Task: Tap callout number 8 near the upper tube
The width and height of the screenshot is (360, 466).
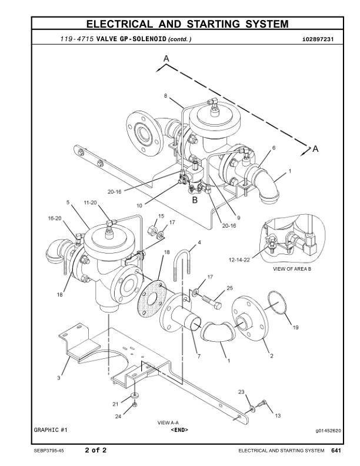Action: [165, 95]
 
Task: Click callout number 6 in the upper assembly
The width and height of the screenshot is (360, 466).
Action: [274, 148]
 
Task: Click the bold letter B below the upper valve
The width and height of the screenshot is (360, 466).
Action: [195, 199]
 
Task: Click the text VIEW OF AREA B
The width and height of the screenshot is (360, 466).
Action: [292, 269]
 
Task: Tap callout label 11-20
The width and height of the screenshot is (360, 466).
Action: [90, 202]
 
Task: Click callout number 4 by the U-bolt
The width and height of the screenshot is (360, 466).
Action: [199, 242]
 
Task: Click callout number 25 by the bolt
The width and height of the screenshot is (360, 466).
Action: [230, 288]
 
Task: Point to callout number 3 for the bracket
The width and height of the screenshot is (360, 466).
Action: [59, 378]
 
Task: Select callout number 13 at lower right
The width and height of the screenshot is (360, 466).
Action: [278, 415]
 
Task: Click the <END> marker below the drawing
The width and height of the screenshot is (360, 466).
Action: [179, 430]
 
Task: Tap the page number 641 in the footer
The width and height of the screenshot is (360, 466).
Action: [336, 451]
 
